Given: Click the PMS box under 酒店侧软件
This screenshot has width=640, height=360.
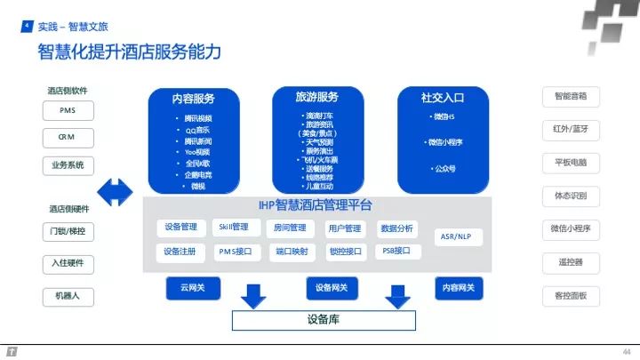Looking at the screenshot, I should (68, 112).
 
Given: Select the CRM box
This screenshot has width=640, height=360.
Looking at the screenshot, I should (68, 138).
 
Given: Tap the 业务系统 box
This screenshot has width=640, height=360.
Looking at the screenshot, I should (68, 164).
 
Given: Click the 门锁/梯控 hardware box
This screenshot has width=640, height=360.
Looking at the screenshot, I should (68, 232).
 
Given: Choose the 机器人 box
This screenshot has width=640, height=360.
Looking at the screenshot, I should (68, 294).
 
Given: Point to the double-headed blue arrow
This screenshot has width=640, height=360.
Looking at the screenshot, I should (116, 189).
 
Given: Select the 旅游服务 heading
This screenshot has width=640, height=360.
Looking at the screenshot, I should (316, 97).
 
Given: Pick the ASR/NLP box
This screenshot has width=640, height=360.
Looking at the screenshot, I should (456, 237).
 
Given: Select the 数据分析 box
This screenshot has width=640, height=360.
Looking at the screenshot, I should (396, 228).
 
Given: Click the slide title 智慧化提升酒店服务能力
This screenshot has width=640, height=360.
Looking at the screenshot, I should (129, 52).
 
